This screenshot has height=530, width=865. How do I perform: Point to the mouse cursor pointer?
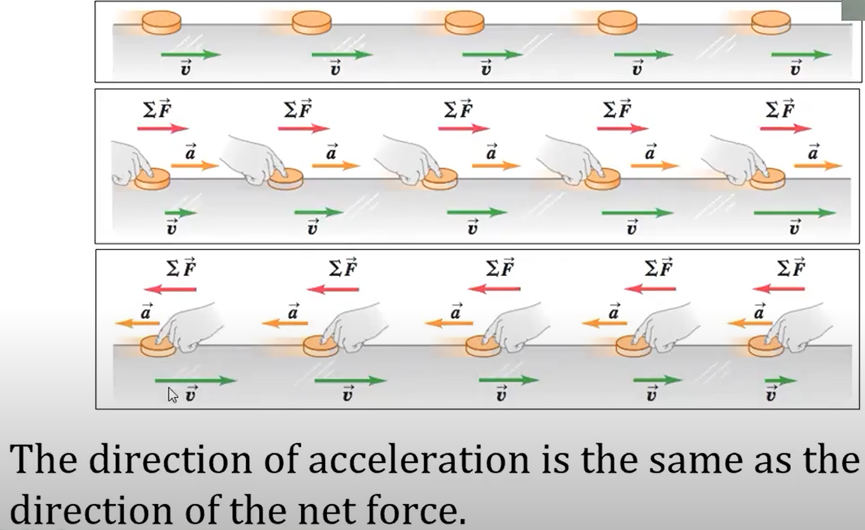[x=172, y=395]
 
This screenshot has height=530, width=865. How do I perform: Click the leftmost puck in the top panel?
[x=162, y=23]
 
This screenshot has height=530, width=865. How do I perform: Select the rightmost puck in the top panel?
[x=771, y=23]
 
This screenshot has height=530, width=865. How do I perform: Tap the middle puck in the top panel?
[x=465, y=23]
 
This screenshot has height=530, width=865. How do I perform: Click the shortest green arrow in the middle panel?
[x=180, y=213]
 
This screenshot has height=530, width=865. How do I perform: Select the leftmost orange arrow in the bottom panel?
[x=137, y=323]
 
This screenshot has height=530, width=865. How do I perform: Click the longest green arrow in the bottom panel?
[x=195, y=380]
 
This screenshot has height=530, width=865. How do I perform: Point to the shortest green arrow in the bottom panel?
[x=780, y=380]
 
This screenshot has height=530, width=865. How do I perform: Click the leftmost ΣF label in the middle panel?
[x=157, y=109]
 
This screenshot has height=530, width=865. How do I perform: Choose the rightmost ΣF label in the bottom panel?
[x=791, y=268]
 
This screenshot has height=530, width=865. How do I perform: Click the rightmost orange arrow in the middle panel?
[x=818, y=166]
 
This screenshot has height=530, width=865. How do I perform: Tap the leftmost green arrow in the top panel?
[x=190, y=55]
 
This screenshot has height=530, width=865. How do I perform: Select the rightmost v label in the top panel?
[x=795, y=69]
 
